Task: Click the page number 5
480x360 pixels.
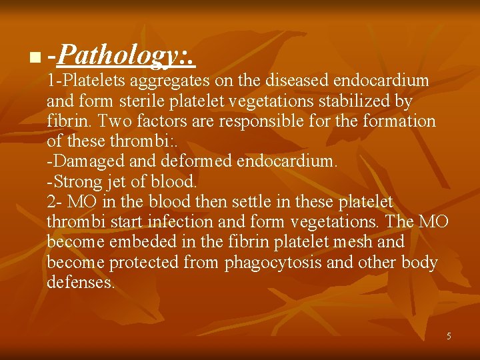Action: coord(449,336)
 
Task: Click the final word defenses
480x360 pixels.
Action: coord(81,282)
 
